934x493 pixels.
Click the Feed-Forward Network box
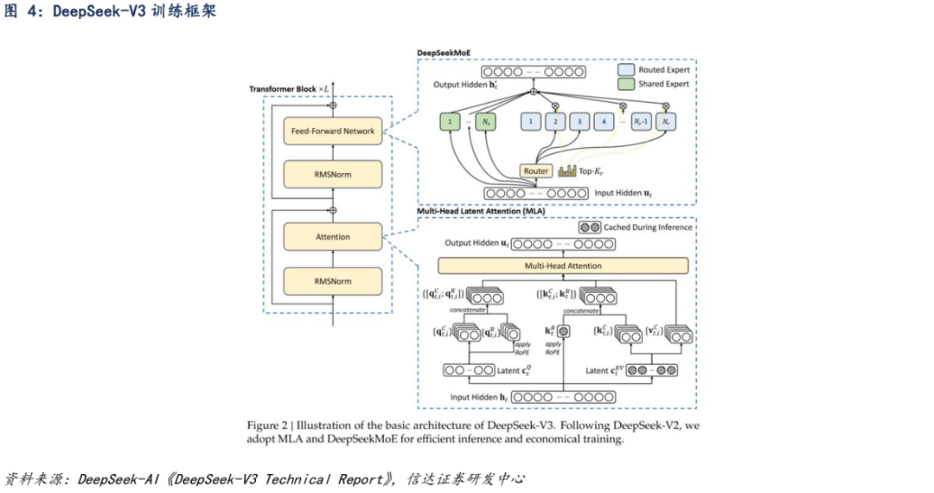tap(333, 131)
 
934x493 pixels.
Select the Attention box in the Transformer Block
tap(333, 237)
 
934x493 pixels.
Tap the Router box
tap(536, 171)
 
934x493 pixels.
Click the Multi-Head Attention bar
tap(563, 266)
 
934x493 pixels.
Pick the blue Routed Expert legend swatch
tap(626, 69)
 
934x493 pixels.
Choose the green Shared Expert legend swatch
tap(626, 84)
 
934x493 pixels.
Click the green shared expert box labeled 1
tap(451, 122)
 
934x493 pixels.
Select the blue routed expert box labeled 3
tap(581, 122)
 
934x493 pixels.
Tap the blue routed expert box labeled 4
tap(606, 122)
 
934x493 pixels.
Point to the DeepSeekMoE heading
tap(444, 53)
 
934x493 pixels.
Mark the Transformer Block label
tap(282, 89)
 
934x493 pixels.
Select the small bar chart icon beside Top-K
tap(567, 171)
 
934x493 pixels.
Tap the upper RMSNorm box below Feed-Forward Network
tap(333, 175)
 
